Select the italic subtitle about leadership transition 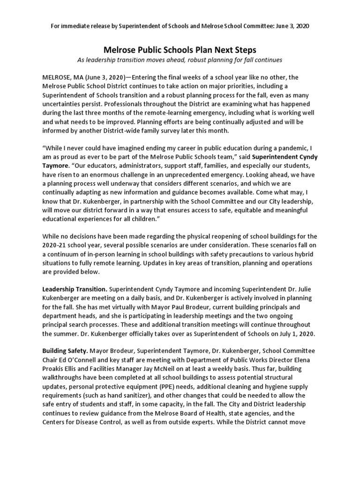click(180, 60)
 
